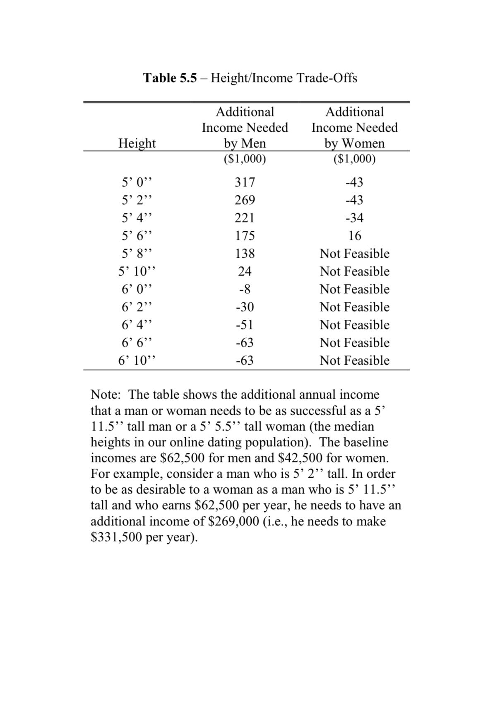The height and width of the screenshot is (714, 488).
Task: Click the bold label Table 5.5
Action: pos(170,78)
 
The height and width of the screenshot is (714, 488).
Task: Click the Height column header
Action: pos(137,143)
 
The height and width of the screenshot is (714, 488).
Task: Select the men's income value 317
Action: pos(245,182)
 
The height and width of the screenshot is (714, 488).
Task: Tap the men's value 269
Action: pos(245,200)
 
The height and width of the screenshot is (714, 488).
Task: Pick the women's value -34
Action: pos(354,218)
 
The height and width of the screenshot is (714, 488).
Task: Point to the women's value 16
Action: pos(355,236)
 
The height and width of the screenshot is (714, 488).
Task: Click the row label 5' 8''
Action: pos(137,254)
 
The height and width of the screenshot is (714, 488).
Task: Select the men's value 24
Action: pos(245,271)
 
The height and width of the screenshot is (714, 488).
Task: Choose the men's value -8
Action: pos(245,289)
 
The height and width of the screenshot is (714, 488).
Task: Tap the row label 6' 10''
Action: pos(137,361)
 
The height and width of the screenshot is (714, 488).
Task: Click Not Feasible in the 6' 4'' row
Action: pos(354,325)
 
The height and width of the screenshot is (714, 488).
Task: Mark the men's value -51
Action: pos(245,325)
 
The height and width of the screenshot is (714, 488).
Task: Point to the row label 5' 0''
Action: pos(137,182)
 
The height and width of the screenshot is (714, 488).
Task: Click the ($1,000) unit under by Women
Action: pos(354,159)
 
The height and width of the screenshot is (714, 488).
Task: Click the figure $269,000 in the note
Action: pos(233,521)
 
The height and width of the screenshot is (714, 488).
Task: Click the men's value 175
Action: pos(245,236)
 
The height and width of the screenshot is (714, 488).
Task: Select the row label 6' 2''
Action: pos(137,307)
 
